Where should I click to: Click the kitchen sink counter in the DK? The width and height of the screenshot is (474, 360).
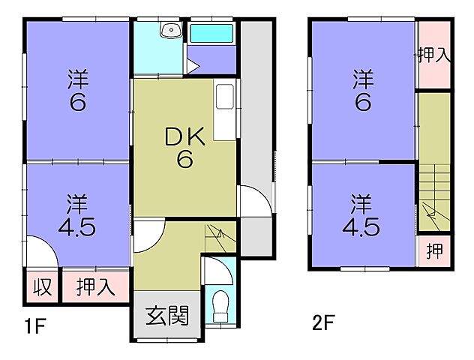click(x=225, y=110)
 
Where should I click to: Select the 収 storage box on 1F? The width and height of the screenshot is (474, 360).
click(x=41, y=287)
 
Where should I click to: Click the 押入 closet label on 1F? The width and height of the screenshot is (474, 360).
click(x=94, y=287)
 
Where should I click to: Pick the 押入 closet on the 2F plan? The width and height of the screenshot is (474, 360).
click(x=433, y=55)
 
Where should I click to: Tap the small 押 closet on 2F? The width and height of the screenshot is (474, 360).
click(x=433, y=251)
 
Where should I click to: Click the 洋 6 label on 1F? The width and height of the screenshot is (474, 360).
click(x=77, y=90)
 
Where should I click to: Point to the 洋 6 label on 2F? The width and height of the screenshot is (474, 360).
click(x=362, y=90)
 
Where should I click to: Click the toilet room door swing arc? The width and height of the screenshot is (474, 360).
click(x=214, y=268)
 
